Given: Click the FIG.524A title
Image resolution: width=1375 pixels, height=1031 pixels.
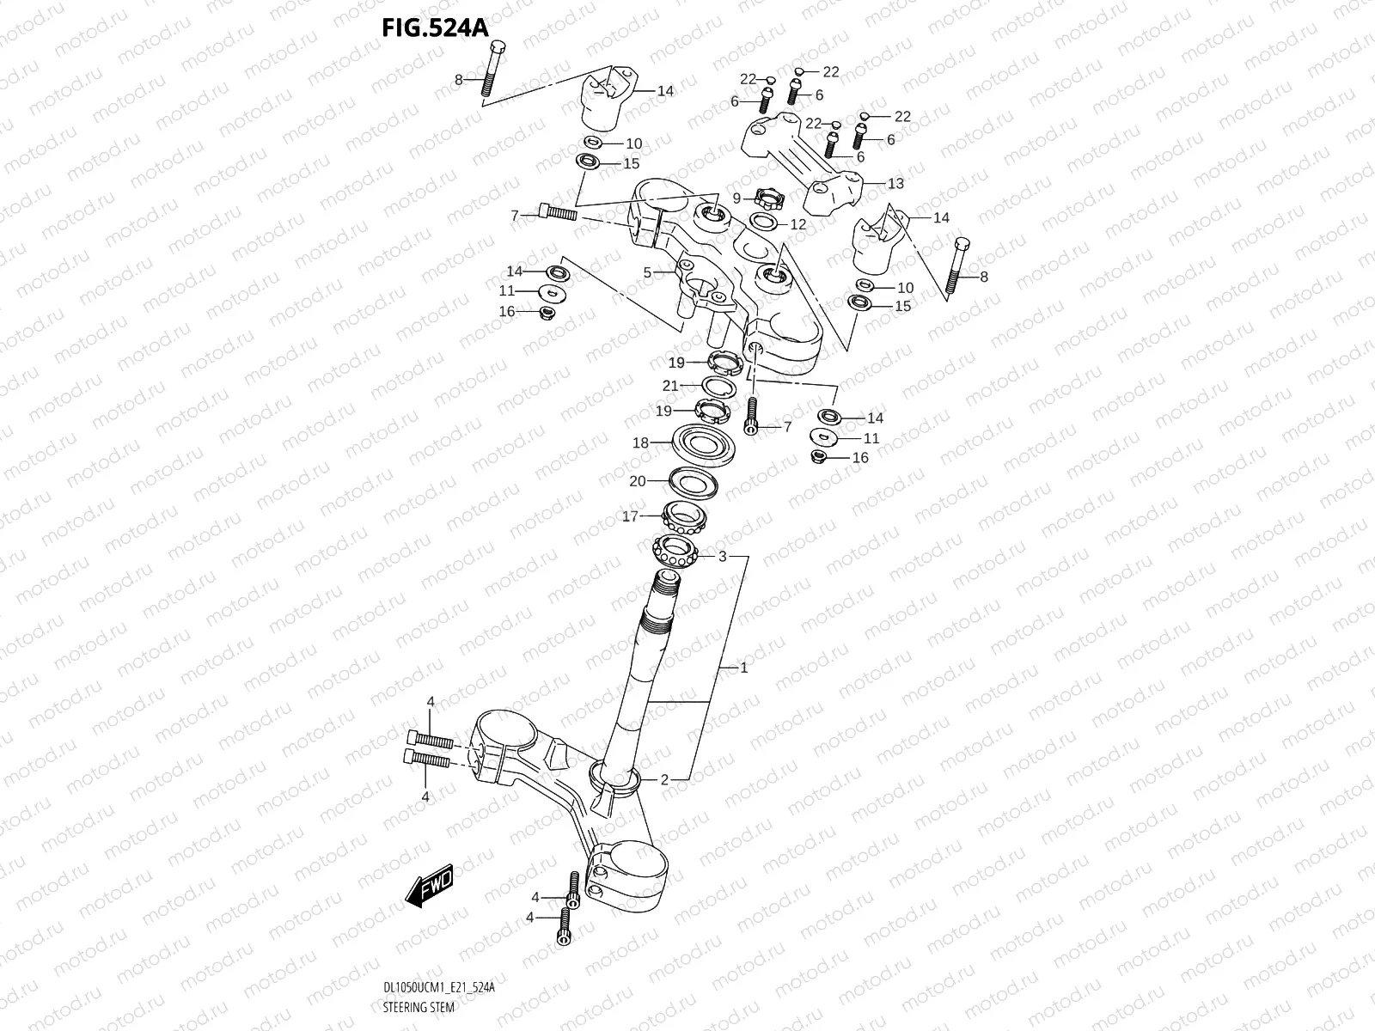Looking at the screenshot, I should (x=435, y=27).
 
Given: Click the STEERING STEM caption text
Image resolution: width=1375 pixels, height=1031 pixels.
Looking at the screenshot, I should (x=419, y=1007).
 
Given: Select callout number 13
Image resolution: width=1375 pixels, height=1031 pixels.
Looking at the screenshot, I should (x=895, y=184).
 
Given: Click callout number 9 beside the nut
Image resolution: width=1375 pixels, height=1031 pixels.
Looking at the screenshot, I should (x=736, y=198).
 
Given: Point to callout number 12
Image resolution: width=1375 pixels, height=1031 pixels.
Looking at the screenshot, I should (x=797, y=224).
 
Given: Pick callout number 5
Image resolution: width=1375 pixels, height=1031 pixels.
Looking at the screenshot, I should (x=647, y=273).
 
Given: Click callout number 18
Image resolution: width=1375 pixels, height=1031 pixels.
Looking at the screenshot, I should (x=640, y=443).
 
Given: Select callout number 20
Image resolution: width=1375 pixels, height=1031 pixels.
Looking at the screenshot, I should (x=637, y=481).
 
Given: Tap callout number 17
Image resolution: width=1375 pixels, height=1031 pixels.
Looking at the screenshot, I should (x=631, y=517).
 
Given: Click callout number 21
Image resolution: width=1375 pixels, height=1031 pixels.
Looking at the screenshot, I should (x=670, y=386).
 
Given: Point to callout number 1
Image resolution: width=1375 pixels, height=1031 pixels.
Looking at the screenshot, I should (x=744, y=668).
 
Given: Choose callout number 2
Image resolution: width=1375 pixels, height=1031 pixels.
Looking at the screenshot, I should (x=664, y=780).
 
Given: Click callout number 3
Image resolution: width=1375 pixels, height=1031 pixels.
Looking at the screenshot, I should (x=723, y=557).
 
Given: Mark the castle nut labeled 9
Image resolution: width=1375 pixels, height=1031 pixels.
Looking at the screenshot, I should (x=769, y=199).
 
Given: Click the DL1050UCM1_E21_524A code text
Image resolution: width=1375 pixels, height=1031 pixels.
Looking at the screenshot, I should (x=438, y=988).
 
